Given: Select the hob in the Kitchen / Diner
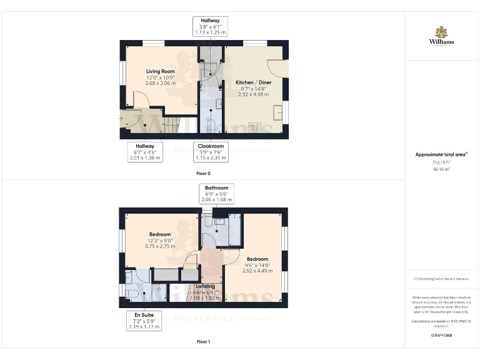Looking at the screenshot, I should coord(255,127).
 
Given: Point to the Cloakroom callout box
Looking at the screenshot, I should coord(210,151).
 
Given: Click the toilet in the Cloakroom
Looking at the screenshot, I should coord(211,124).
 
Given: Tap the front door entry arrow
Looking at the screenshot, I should coord(121,117).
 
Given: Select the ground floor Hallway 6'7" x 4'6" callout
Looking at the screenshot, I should coord(144,151).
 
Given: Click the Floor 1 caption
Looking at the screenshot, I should coord(203,342).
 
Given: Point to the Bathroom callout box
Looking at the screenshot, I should coord(216,193).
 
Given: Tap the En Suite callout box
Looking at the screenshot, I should coord(144,320).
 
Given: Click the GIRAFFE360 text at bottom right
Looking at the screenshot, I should coord(441,336).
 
